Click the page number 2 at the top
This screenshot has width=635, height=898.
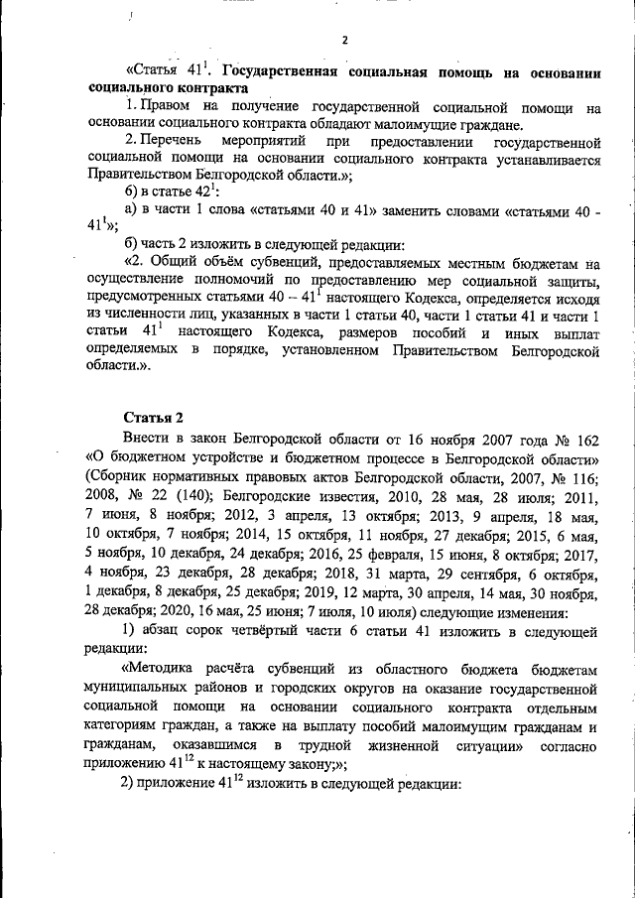point(343,40)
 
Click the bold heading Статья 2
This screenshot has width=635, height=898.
point(154,414)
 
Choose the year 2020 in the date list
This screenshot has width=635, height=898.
point(145,612)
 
